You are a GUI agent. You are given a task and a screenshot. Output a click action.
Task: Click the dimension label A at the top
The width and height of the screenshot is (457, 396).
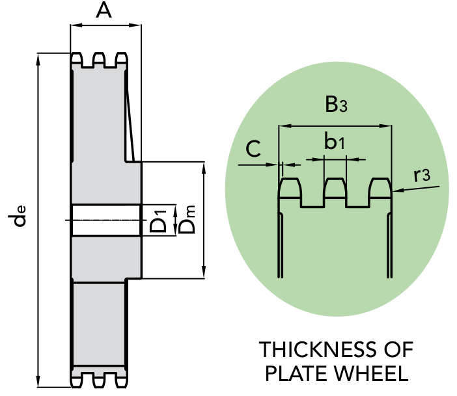pyautogui.click(x=104, y=11)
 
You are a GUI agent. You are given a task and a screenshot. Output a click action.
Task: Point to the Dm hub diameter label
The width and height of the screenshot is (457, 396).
pyautogui.click(x=186, y=219)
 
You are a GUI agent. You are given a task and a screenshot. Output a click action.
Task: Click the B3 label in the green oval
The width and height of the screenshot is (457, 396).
pyautogui.click(x=336, y=104)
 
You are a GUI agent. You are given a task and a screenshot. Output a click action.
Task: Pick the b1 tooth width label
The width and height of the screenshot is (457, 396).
pyautogui.click(x=335, y=141)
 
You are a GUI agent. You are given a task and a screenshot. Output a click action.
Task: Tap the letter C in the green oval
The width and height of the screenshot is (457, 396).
pyautogui.click(x=253, y=149)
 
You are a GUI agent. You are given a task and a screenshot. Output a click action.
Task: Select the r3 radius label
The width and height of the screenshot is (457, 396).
pyautogui.click(x=422, y=175)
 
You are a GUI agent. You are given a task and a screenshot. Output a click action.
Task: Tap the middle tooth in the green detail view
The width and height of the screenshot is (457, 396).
pyautogui.click(x=335, y=189)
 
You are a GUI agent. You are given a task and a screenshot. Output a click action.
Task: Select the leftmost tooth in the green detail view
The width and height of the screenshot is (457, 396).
pyautogui.click(x=290, y=189)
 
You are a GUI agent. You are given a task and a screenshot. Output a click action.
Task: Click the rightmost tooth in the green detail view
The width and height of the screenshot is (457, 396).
pyautogui.click(x=380, y=189)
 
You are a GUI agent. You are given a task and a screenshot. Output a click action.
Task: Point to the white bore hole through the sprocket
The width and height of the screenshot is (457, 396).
pyautogui.click(x=106, y=220)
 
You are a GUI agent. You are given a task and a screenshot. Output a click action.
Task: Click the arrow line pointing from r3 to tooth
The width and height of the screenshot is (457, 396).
pyautogui.click(x=416, y=189)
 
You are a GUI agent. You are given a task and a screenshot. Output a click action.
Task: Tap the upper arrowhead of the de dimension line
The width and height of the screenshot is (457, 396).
pyautogui.click(x=38, y=59)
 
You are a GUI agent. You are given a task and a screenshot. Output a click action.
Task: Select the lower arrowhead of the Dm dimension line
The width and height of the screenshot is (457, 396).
pyautogui.click(x=204, y=272)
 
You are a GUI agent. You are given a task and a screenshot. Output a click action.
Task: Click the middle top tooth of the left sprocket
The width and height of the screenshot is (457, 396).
pyautogui.click(x=99, y=58)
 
